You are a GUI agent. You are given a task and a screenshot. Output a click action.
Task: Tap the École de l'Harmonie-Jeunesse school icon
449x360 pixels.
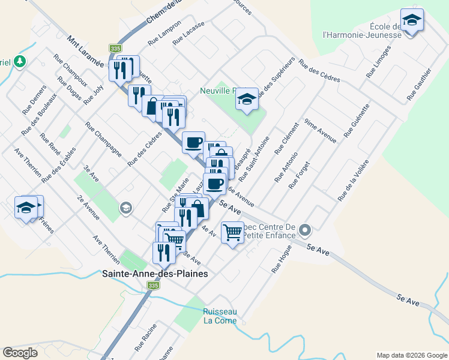(412, 21)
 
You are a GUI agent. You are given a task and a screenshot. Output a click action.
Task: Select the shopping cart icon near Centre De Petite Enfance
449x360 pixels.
(232, 232)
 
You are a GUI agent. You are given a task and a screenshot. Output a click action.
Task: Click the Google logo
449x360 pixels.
(20, 353)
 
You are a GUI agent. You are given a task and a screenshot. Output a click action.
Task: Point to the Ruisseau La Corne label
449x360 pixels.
(220, 316)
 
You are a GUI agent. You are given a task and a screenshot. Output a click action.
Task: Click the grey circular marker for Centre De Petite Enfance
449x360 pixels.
(305, 230)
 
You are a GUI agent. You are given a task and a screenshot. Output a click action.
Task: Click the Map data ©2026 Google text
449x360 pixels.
(411, 355)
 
